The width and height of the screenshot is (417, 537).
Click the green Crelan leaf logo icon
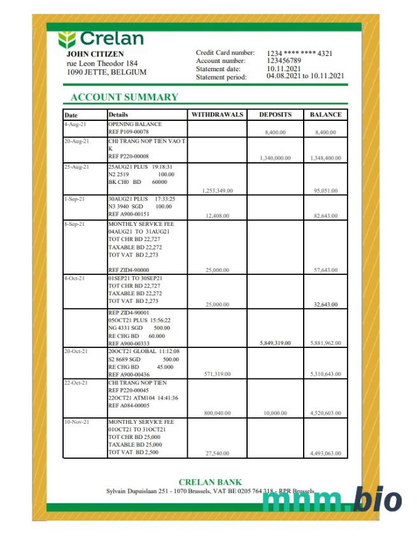67,39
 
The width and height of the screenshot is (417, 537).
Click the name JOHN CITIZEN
95,54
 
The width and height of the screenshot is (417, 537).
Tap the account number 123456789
284,60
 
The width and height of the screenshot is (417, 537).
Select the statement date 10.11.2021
284,68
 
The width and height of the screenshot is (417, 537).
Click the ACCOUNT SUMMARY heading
124,97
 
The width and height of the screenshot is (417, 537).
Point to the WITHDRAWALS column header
218,115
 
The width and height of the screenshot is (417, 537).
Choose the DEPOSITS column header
275,115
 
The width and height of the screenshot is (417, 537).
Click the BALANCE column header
326,115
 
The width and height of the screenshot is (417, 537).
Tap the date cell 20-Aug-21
76,141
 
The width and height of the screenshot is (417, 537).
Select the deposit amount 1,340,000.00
275,157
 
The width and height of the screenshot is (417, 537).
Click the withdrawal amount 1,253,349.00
216,190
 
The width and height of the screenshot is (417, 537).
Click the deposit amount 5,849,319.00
275,342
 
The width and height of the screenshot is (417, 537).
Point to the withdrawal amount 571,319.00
218,373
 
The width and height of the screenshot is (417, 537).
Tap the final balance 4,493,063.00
325,453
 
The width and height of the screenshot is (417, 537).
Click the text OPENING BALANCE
135,124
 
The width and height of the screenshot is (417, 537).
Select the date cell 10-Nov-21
76,422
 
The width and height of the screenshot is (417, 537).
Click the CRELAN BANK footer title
210,482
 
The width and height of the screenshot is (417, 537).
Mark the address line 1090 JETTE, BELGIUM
106,73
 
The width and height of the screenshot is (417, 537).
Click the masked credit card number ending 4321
300,53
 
